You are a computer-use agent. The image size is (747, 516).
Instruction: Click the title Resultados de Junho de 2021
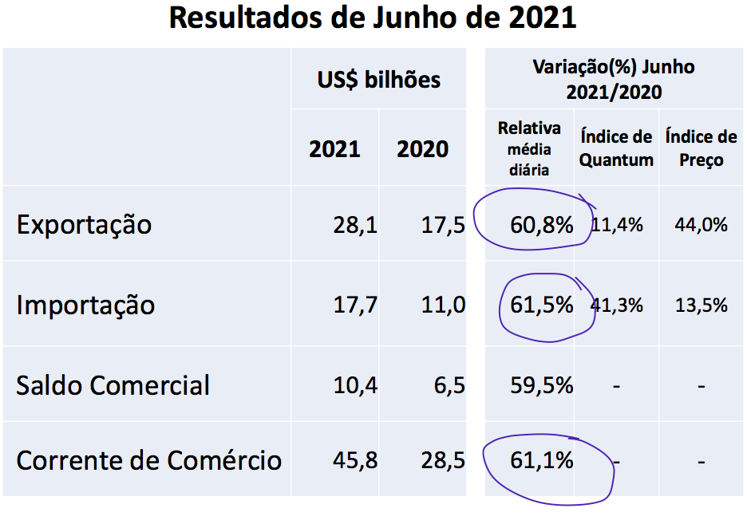pyautogui.click(x=373, y=18)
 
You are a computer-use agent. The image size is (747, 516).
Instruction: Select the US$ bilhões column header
pyautogui.click(x=378, y=80)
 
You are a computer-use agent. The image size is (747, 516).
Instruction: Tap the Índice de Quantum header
pyautogui.click(x=615, y=148)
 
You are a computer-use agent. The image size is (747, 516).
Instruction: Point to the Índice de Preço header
pyautogui.click(x=701, y=148)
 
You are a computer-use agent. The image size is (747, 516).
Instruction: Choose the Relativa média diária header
pyautogui.click(x=529, y=148)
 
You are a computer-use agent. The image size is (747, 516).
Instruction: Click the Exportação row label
pyautogui.click(x=84, y=224)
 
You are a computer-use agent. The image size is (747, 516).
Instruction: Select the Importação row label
pyautogui.click(x=85, y=305)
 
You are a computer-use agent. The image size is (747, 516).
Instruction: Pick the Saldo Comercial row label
pyautogui.click(x=113, y=385)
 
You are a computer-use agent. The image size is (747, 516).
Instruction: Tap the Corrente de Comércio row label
pyautogui.click(x=148, y=460)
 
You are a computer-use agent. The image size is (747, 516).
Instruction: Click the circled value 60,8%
pyautogui.click(x=542, y=225)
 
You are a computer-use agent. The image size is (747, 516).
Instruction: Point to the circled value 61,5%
pyautogui.click(x=542, y=305)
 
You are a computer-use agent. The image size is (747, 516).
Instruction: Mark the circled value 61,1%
pyautogui.click(x=542, y=460)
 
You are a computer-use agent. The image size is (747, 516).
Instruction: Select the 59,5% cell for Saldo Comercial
pyautogui.click(x=542, y=385)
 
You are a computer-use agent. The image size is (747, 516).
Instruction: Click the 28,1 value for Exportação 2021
pyautogui.click(x=355, y=225)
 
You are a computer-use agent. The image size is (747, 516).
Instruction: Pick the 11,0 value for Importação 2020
pyautogui.click(x=443, y=305)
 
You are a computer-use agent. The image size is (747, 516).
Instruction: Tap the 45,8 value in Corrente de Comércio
pyautogui.click(x=355, y=460)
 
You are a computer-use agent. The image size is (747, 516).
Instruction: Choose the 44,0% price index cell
pyautogui.click(x=701, y=225)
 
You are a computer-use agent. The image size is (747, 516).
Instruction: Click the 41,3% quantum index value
pyautogui.click(x=617, y=305)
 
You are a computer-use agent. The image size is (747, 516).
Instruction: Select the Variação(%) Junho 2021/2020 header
pyautogui.click(x=614, y=79)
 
